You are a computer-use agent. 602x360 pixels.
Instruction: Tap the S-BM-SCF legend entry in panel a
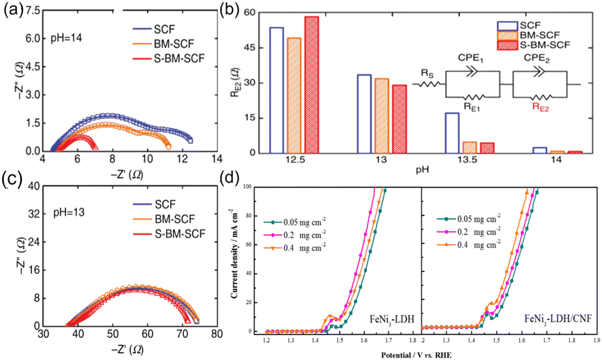176,59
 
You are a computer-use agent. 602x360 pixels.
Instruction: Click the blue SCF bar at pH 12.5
277,90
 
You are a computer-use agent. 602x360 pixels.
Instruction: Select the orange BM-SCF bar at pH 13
381,116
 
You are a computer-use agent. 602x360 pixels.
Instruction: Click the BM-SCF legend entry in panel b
546,35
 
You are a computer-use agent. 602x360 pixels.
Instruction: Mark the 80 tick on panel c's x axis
216,334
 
